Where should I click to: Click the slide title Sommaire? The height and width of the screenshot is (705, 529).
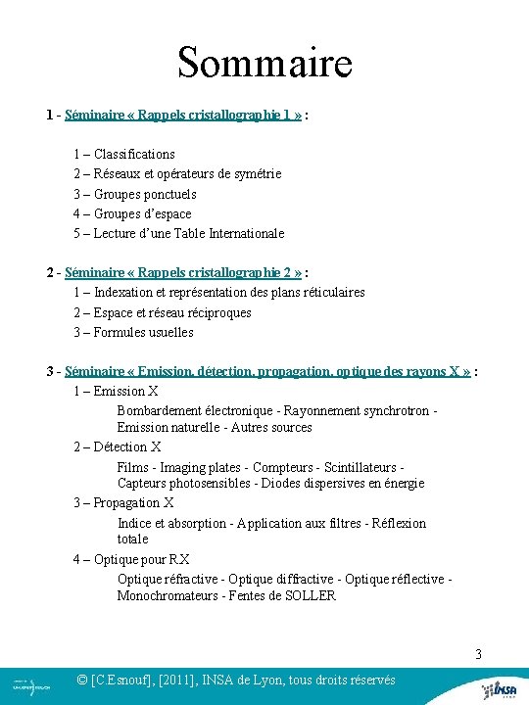point(264,63)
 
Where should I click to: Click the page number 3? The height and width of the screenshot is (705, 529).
point(479,654)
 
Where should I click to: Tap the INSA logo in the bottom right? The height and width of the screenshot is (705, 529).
point(499,688)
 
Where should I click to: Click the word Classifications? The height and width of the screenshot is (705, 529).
point(134,154)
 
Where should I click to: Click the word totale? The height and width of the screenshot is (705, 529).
point(132,539)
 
